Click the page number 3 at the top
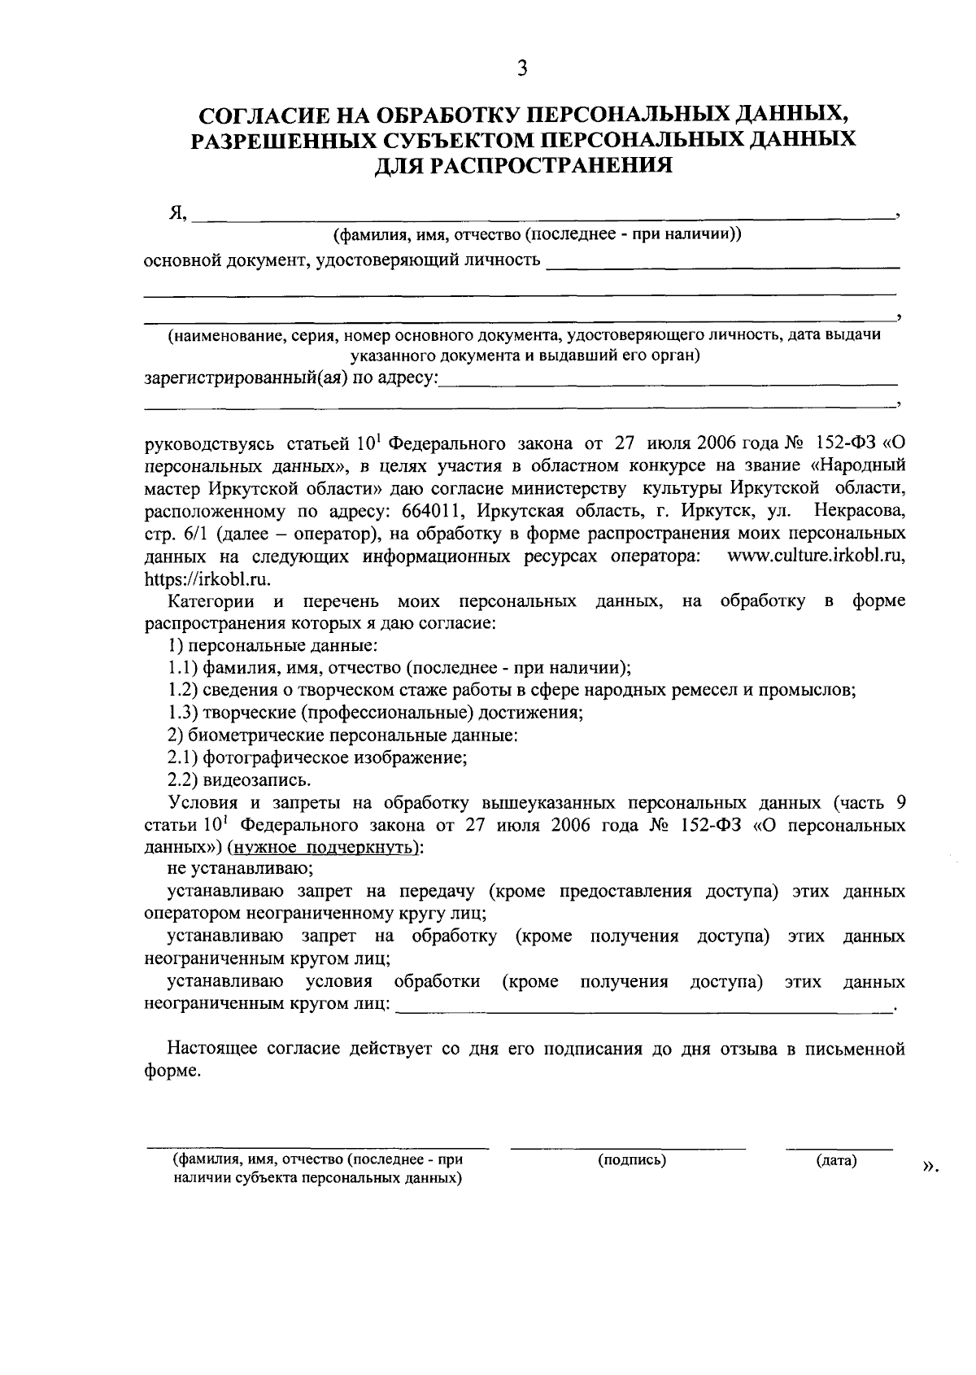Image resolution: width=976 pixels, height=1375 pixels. coord(522,69)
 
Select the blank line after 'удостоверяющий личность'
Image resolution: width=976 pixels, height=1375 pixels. coord(723,264)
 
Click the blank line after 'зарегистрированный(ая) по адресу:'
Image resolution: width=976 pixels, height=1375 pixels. coord(667,381)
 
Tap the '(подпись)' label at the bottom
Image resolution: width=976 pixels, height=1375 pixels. coord(632,1160)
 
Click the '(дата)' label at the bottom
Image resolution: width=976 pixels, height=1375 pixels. coord(837,1161)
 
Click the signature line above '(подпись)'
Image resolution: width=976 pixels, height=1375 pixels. coord(627,1148)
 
